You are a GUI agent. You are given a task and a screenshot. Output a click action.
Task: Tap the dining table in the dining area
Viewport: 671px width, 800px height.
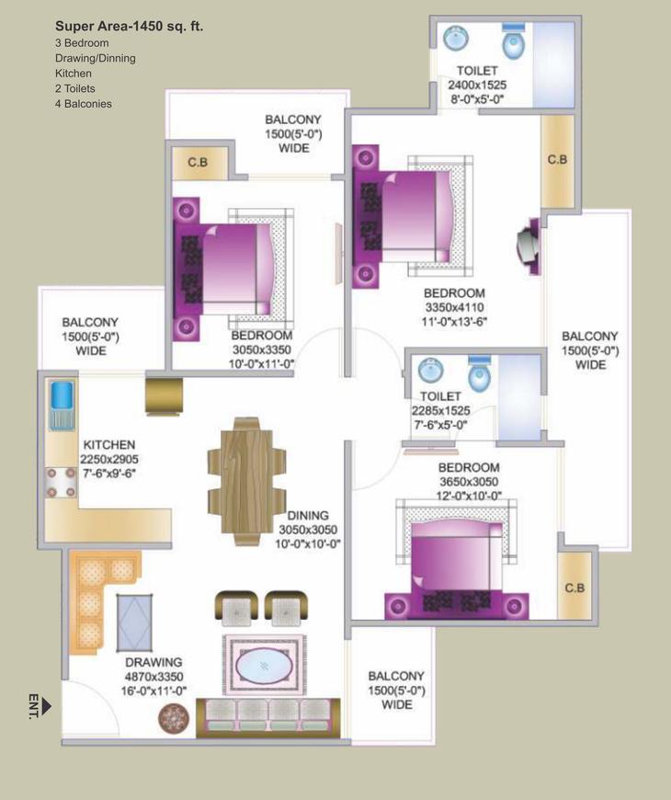243,478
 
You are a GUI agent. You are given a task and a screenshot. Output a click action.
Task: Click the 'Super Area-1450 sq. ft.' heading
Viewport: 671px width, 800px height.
129,27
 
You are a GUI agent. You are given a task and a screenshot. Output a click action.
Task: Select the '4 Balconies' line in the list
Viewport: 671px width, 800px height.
83,104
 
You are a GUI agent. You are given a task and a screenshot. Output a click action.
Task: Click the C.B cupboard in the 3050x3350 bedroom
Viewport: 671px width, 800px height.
198,163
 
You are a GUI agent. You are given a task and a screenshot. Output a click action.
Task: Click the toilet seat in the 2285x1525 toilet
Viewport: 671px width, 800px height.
479,374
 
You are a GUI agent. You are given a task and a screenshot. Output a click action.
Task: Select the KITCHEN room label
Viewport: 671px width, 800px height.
108,444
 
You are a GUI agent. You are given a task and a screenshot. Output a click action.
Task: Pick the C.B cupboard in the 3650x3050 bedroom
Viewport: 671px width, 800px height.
574,586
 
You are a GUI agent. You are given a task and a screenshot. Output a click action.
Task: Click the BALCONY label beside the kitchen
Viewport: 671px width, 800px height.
90,323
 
